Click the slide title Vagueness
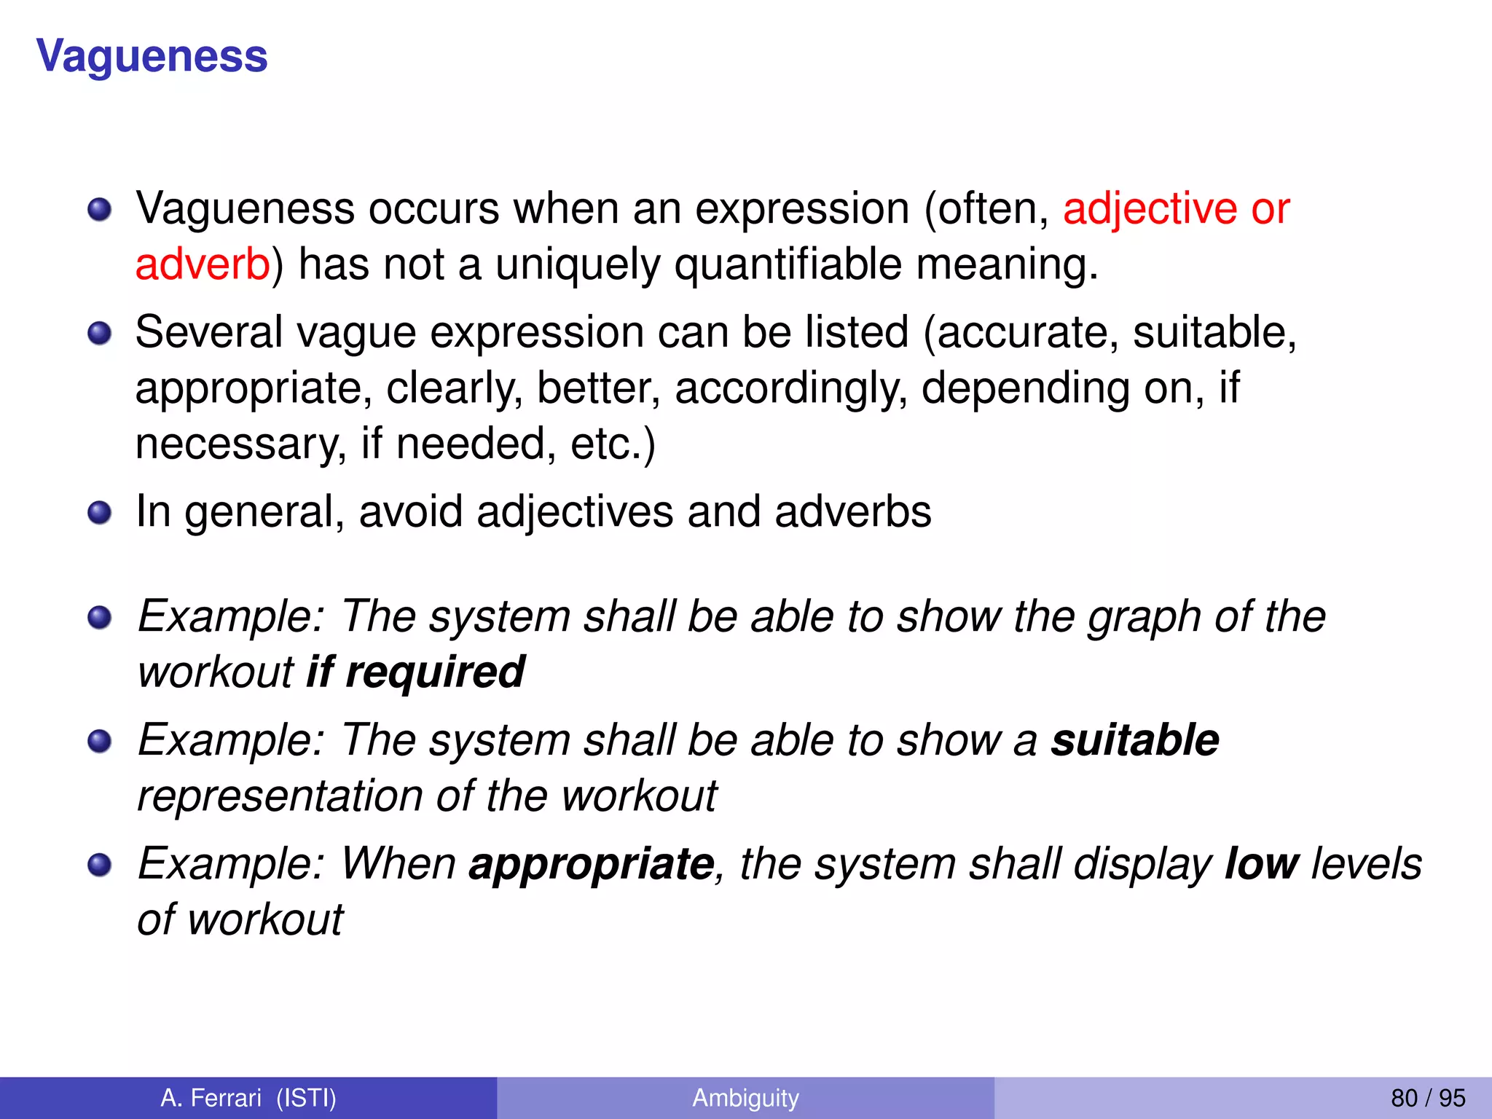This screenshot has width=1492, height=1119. coord(152,57)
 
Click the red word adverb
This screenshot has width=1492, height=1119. coord(203,264)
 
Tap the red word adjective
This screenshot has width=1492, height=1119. coord(1150,209)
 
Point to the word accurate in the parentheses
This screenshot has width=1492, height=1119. coord(1027,333)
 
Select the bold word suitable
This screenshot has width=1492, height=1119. coord(1134,740)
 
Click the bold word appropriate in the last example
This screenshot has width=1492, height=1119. coord(591,864)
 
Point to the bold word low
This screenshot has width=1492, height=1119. coord(1262,864)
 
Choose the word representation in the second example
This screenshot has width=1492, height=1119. coord(279,796)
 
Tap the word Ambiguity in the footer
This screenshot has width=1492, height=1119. coord(745,1098)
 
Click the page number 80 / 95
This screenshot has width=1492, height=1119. coord(1428,1098)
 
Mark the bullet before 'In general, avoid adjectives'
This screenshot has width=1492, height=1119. coord(99,512)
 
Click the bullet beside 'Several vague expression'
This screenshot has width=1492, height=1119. coord(99,334)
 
